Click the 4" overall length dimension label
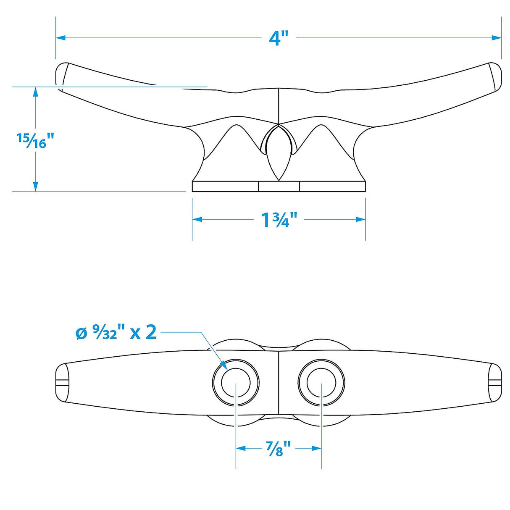(x=279, y=38)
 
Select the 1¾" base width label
(x=279, y=219)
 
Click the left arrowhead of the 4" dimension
(x=60, y=38)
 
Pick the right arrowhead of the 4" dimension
(x=496, y=38)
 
